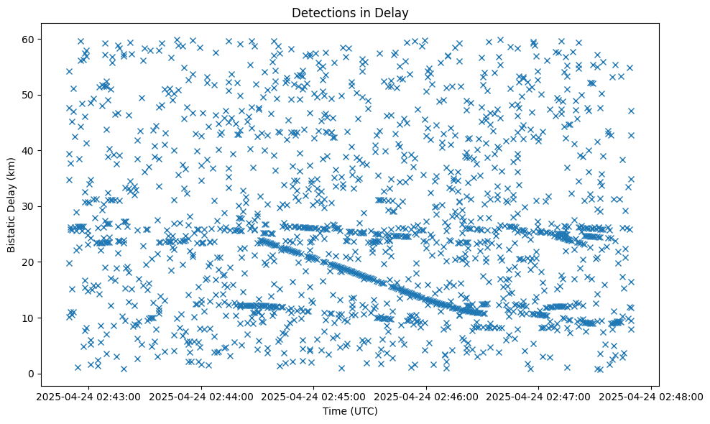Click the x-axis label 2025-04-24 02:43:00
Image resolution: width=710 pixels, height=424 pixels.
tap(88, 396)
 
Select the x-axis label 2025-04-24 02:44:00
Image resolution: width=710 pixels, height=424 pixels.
tap(201, 396)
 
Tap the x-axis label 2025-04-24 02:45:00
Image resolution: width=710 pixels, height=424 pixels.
tap(314, 396)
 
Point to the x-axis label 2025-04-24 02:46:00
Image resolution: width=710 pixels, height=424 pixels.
tap(427, 396)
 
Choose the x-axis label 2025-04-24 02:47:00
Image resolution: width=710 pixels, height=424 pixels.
tap(539, 396)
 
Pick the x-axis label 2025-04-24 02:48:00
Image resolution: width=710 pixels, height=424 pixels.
tap(652, 396)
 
